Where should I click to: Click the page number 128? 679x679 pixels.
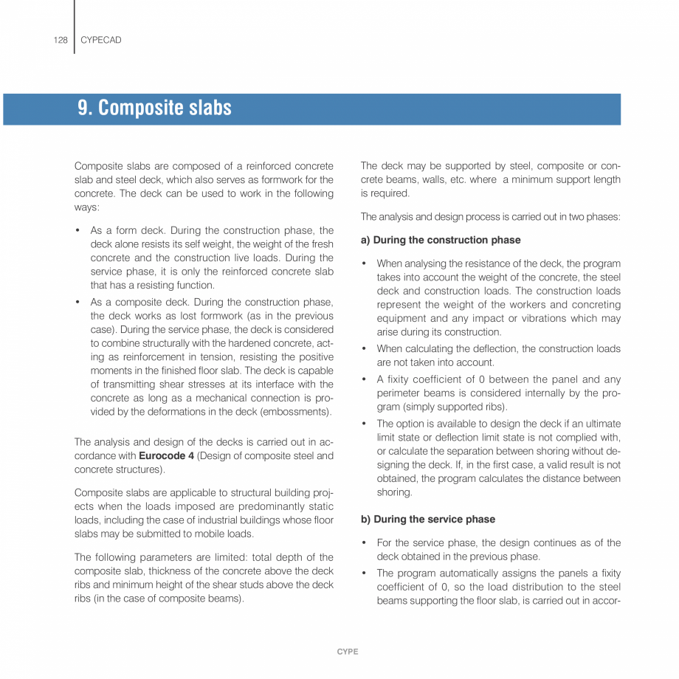click(61, 40)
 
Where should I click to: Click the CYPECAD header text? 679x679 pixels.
click(100, 40)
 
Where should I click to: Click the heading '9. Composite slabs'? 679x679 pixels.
click(154, 108)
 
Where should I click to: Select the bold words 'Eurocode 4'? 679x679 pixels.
click(167, 456)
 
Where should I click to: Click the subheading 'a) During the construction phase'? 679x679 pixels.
click(441, 240)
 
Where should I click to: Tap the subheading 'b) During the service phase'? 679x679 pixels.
click(428, 519)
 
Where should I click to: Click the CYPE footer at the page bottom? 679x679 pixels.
click(348, 652)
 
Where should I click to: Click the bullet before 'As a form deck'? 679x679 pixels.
click(77, 230)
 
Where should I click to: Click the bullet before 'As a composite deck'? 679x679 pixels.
click(77, 303)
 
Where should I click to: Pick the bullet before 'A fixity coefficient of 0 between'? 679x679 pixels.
click(364, 379)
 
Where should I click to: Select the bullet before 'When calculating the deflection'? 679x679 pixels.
click(364, 348)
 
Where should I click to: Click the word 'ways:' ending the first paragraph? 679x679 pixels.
click(87, 207)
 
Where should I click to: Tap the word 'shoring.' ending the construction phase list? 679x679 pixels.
click(394, 492)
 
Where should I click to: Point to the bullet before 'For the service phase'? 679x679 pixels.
click(364, 543)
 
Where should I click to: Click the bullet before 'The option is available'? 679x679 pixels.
click(364, 424)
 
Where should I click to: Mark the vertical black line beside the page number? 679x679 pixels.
click(74, 27)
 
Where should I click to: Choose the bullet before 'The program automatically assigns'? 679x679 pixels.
click(364, 573)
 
